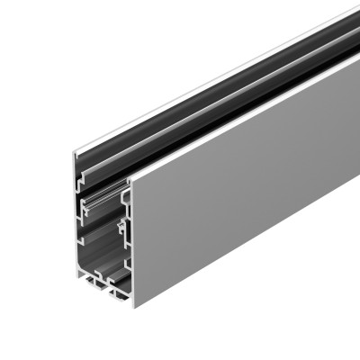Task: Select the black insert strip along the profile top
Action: pos(207,90)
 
